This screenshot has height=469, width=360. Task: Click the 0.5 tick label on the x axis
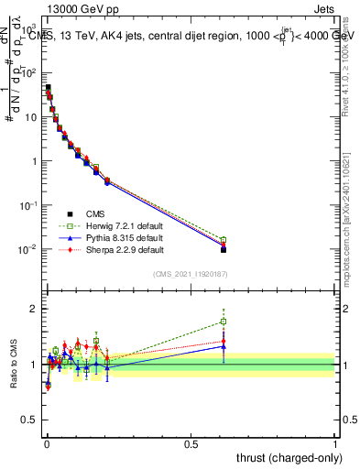(191, 444)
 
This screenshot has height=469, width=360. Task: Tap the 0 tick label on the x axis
(47, 444)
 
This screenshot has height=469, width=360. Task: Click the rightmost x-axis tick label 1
(335, 444)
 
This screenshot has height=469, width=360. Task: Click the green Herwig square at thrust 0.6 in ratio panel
(224, 322)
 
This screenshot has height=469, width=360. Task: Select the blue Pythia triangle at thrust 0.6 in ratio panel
(224, 346)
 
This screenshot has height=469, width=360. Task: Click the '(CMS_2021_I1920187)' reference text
(191, 273)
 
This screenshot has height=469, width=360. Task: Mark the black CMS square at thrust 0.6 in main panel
(224, 249)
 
